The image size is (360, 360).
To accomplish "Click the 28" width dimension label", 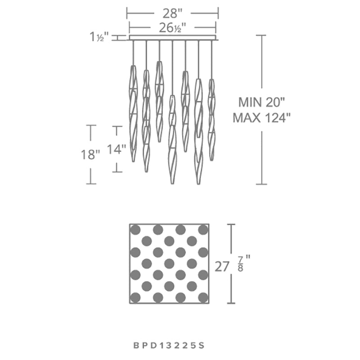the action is coord(172,13).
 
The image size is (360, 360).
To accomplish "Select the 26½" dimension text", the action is coord(172,28).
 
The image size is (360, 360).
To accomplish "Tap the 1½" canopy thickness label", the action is coord(99,37).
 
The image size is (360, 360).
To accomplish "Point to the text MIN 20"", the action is coord(261,102).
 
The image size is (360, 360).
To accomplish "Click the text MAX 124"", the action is coord(261,118).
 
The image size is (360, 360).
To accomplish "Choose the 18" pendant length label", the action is coord(90,154).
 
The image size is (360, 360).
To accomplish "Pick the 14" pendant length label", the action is coord(117,149).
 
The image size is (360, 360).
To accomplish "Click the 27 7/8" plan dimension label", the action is coord(232,264).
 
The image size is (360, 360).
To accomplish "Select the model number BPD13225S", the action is coord(169,346).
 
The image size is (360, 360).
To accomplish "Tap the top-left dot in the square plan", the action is coord(135,229).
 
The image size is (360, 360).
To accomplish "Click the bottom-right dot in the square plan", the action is coord(203,297).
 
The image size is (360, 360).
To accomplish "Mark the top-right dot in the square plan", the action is coord(203,229).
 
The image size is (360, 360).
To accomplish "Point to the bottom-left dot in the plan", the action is coord(135,297).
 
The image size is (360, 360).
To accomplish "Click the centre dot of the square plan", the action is coord(169,264).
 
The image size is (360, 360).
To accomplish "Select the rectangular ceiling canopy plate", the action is coord(172,38).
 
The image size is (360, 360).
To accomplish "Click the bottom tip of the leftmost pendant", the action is coord(133,162).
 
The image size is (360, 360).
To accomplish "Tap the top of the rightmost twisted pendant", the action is coord(211,80).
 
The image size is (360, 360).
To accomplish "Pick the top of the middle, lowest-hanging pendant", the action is coord(172,95).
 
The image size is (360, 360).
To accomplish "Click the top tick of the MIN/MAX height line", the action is coord(261,36).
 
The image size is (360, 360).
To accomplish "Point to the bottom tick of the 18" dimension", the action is coord(91,184).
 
